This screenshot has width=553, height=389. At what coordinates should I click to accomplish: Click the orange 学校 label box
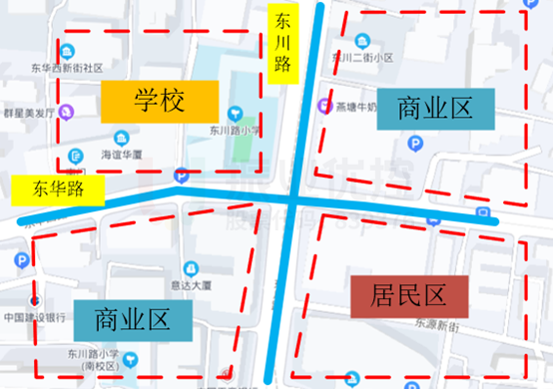click(159, 99)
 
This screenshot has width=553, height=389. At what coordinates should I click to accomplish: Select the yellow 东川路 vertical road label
click(282, 43)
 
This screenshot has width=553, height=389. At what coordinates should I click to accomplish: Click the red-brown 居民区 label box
click(409, 295)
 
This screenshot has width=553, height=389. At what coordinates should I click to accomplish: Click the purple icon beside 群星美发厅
click(69, 111)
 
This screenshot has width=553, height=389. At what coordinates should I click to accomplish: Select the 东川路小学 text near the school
click(235, 130)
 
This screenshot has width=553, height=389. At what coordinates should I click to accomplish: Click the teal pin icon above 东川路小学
click(236, 113)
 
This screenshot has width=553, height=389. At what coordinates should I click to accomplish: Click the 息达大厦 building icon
click(190, 268)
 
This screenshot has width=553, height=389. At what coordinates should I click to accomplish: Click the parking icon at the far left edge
click(21, 261)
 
